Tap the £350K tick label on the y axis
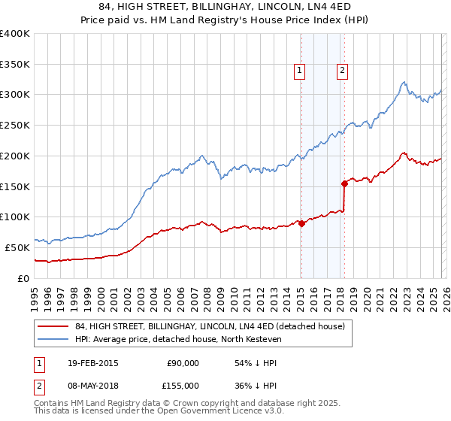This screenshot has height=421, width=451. pyautogui.click(x=14, y=65)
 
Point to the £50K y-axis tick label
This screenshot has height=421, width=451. pyautogui.click(x=17, y=247)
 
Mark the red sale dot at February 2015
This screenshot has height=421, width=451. pyautogui.click(x=301, y=223)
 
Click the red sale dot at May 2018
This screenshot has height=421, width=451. pyautogui.click(x=344, y=183)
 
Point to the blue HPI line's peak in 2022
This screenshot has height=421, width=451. pyautogui.click(x=404, y=82)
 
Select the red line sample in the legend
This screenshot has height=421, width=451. pyautogui.click(x=53, y=326)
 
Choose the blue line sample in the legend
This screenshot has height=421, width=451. pyautogui.click(x=53, y=339)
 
